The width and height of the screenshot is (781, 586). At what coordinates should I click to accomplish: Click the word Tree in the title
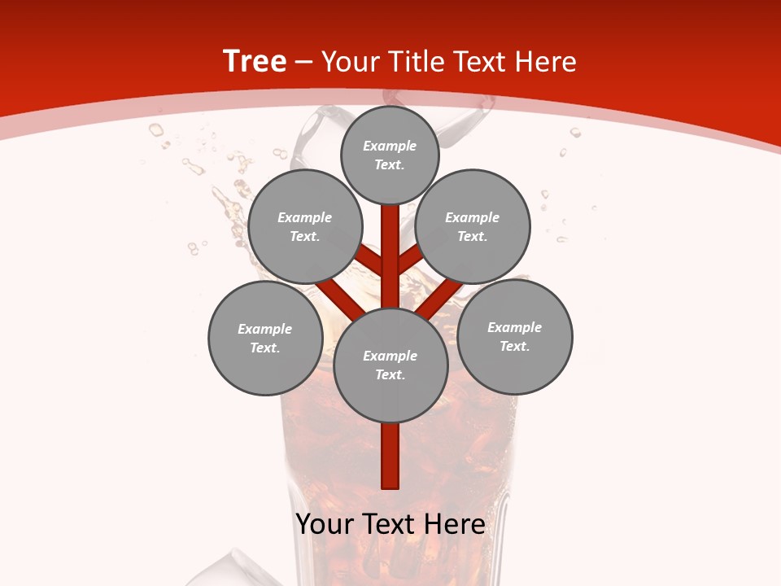pyautogui.click(x=255, y=62)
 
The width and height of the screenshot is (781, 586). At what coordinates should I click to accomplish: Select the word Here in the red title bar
pyautogui.click(x=544, y=62)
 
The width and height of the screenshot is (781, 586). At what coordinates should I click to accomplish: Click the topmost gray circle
pyautogui.click(x=390, y=155)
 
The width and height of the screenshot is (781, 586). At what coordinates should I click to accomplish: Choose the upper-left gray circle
pyautogui.click(x=304, y=226)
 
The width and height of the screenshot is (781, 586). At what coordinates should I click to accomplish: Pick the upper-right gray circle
pyautogui.click(x=472, y=226)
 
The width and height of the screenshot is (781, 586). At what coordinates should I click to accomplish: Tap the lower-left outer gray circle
pyautogui.click(x=265, y=339)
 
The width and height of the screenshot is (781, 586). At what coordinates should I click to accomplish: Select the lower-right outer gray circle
pyautogui.click(x=514, y=337)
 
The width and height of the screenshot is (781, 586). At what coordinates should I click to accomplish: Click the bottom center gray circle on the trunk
pyautogui.click(x=390, y=365)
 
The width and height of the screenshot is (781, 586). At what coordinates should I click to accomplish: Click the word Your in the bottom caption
pyautogui.click(x=324, y=524)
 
